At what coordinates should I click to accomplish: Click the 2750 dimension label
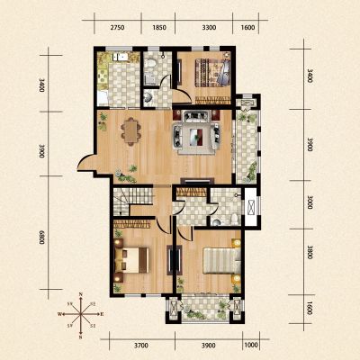117,28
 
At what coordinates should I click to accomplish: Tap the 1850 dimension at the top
159,28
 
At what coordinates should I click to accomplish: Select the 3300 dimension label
209,28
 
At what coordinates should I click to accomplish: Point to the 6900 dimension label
41,237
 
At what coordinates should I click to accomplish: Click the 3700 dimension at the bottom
141,346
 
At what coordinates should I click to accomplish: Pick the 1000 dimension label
251,346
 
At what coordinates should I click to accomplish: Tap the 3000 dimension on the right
310,202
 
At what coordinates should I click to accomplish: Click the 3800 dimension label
310,253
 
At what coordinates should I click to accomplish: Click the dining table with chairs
130,131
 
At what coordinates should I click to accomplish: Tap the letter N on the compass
81,294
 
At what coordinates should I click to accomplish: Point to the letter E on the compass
102,314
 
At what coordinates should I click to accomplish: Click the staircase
124,201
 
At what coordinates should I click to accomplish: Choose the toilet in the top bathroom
150,64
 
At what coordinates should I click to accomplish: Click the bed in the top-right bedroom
213,73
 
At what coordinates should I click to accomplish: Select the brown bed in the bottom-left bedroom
132,260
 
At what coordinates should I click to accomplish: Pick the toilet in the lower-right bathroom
235,219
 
